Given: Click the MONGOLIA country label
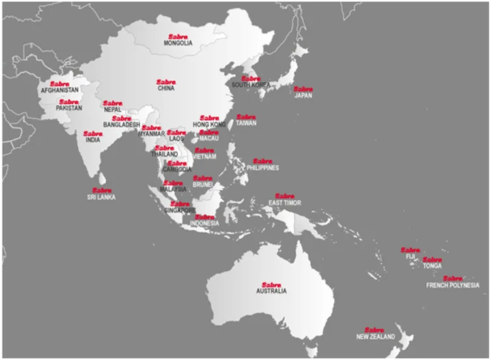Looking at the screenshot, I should pos(177,43).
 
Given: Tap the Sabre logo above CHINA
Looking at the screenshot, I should pos(166,82).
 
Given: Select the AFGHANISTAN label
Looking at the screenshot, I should pos(59,90).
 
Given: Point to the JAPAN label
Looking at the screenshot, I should pos(303,96).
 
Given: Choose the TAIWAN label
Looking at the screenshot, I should pos(246,123).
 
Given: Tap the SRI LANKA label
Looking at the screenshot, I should pos(101,196).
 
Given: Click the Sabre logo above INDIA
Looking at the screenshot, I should pos(93,134).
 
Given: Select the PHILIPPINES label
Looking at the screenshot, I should pos(263,168).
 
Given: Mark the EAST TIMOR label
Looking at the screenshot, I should pos(284,203).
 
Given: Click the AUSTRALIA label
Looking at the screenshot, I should pos(271,291).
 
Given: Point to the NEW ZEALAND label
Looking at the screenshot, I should pos(375,337).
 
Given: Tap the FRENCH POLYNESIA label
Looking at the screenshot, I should pos(452,285).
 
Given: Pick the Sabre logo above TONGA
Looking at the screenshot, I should pos(432,260).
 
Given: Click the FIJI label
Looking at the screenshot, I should pos(411,256).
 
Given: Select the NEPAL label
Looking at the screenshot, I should pos(112,110).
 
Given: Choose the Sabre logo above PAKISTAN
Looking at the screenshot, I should pos(68,102).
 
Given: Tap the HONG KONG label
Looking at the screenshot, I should pos(209,124).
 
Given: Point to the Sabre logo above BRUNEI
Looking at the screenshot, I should pos(203,177).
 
